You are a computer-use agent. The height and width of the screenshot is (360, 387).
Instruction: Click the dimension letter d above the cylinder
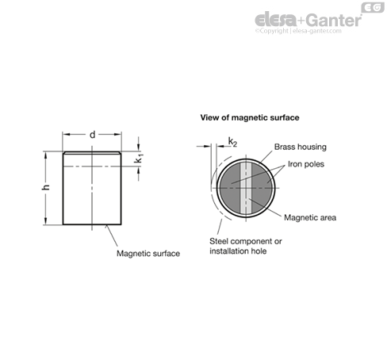coord(92,135)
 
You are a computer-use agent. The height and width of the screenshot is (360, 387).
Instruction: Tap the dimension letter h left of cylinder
coord(46,187)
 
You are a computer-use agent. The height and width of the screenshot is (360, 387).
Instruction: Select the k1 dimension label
coord(140,159)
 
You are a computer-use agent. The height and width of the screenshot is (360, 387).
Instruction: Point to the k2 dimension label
coord(232,143)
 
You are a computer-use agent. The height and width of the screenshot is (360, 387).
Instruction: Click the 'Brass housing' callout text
coord(301,147)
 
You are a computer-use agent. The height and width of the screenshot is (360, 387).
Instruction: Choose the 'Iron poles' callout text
coord(306,164)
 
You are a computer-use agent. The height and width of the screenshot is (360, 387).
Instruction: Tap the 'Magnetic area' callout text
coord(310,218)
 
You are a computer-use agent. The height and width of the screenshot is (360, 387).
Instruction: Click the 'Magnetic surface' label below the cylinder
coord(148,254)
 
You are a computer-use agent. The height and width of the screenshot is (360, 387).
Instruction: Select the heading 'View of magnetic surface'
coord(250,117)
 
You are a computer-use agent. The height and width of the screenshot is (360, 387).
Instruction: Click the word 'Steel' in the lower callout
coord(219,241)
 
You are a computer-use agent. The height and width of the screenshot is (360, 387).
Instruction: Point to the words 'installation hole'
coord(238,251)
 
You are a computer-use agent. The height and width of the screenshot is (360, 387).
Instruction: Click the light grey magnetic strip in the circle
coord(246,188)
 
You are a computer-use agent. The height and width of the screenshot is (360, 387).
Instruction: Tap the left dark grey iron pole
coord(230,188)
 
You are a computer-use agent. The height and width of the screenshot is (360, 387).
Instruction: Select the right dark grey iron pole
coord(262,188)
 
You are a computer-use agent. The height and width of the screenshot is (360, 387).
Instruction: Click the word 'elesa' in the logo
coord(276,20)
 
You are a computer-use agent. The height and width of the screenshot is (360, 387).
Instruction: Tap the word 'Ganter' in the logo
coord(335,21)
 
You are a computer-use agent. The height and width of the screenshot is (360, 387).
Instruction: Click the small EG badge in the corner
coord(373,8)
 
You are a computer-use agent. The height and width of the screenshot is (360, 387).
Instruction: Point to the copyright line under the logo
coord(298,31)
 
